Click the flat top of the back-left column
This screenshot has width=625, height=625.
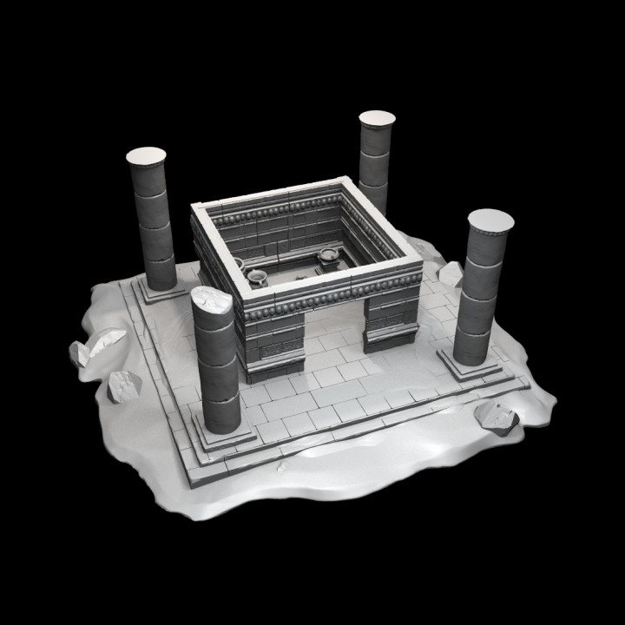[146, 156]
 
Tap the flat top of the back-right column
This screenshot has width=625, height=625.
[377, 118]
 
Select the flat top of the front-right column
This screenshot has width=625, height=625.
[490, 220]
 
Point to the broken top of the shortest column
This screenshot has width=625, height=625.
[212, 300]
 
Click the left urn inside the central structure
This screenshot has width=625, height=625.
[258, 277]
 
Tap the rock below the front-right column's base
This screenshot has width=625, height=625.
[497, 418]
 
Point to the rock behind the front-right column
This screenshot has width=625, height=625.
[451, 274]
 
